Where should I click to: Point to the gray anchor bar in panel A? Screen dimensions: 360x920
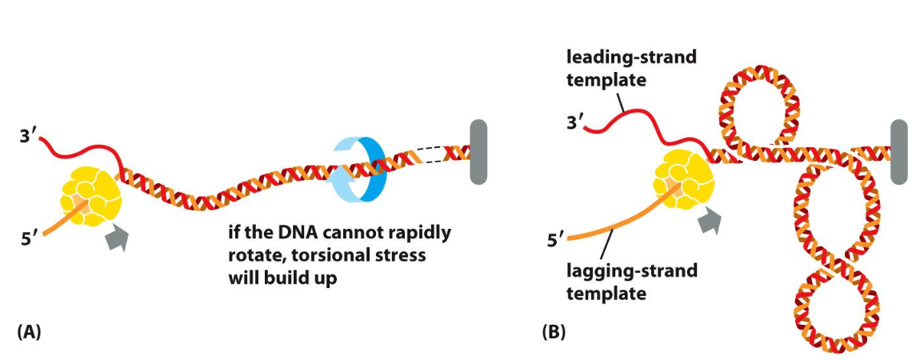pos(478,153)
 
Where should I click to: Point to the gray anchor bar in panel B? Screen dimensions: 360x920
pos(898,151)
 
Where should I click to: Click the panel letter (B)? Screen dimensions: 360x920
pos(553,330)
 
